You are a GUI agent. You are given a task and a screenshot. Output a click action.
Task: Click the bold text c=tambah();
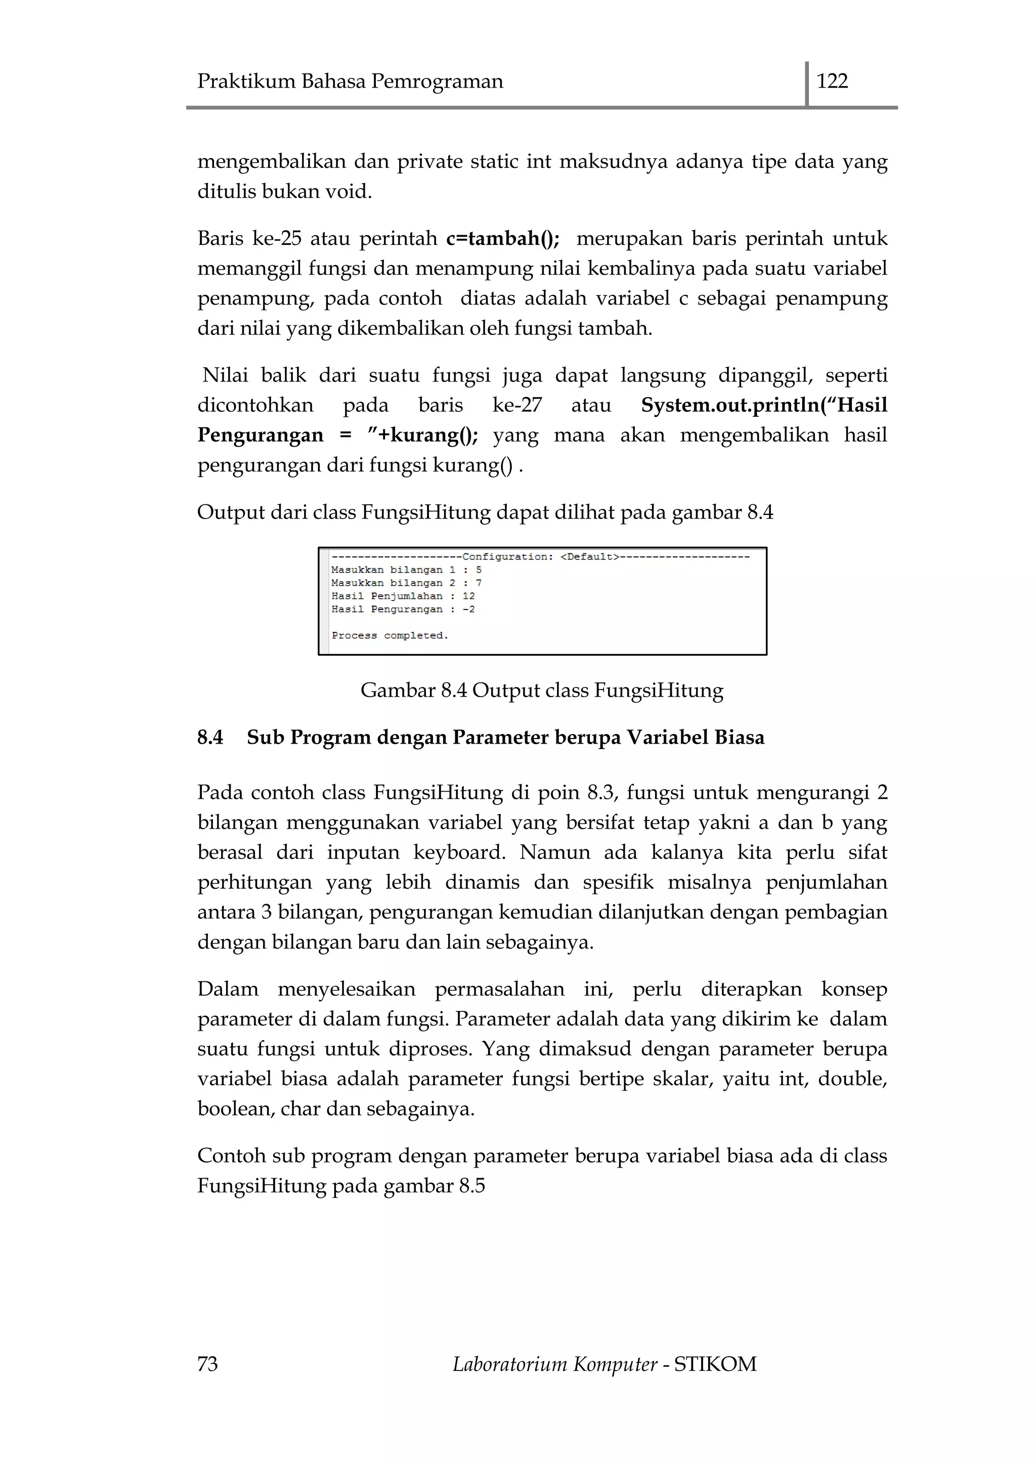tap(503, 239)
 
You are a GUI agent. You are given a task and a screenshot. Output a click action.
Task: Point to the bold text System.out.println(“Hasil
tap(764, 405)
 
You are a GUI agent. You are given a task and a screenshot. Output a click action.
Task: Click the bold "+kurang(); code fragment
tap(423, 435)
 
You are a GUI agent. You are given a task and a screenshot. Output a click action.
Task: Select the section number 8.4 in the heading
tap(210, 737)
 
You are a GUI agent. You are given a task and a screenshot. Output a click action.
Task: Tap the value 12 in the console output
tap(468, 596)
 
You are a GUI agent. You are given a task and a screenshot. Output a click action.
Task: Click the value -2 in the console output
tap(468, 610)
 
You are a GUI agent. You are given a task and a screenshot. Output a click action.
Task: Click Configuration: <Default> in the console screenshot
tap(540, 557)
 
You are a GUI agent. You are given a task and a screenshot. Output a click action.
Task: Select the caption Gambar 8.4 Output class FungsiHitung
tap(542, 691)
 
